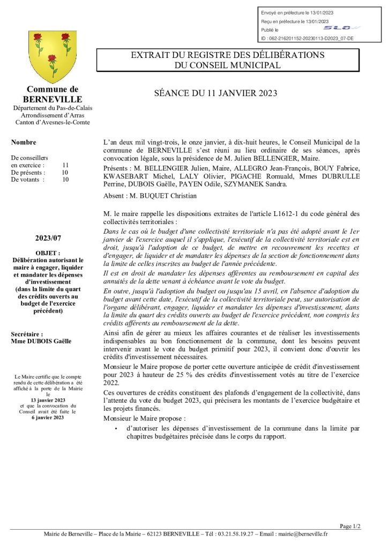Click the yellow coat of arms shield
(x=52, y=56)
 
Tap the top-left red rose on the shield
(x=38, y=38)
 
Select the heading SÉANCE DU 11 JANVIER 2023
(x=215, y=93)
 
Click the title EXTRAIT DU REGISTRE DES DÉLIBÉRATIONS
(x=228, y=55)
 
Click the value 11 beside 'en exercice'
(x=65, y=165)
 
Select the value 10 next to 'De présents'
(x=65, y=173)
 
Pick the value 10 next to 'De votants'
(x=65, y=180)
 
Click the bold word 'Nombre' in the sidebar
(x=24, y=143)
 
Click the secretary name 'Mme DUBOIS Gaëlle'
(x=41, y=341)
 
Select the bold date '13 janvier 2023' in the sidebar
(x=48, y=400)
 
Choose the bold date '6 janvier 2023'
(x=48, y=418)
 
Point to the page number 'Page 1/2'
(x=350, y=526)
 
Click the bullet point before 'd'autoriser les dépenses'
(x=116, y=429)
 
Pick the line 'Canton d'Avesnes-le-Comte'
(x=53, y=122)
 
